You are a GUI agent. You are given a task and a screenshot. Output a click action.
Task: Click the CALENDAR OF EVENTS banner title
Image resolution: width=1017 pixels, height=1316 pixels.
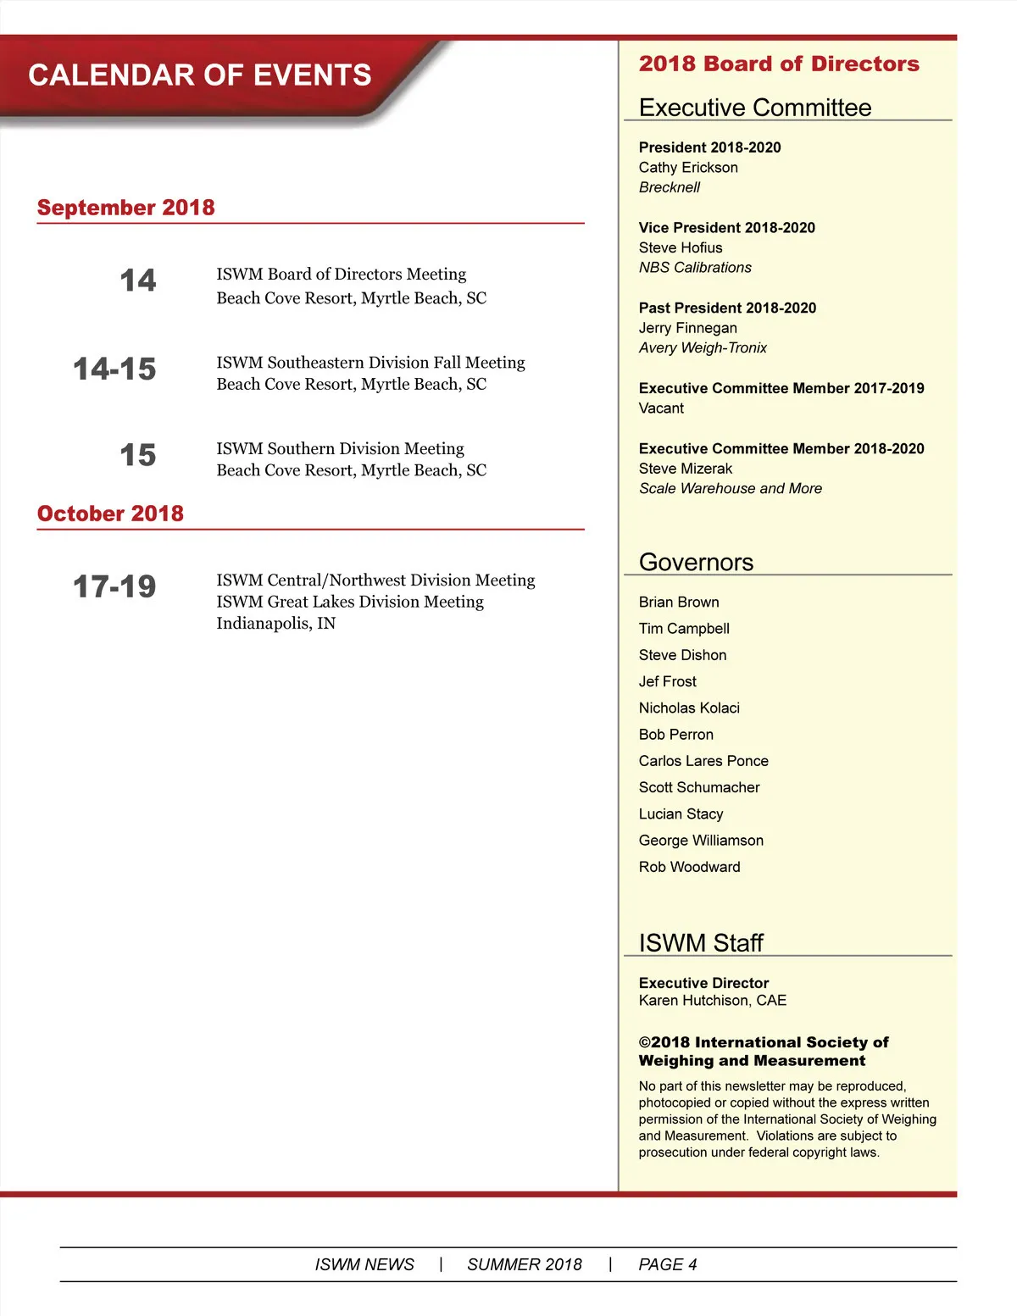[200, 75]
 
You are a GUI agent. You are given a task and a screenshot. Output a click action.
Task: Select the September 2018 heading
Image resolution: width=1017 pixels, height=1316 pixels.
[125, 208]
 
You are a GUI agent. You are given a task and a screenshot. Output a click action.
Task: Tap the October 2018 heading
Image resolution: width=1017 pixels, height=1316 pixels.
[110, 514]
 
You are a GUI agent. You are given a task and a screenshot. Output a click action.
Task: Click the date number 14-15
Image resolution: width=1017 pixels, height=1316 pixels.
[114, 369]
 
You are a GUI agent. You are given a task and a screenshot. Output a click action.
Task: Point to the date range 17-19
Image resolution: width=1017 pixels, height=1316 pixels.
[114, 586]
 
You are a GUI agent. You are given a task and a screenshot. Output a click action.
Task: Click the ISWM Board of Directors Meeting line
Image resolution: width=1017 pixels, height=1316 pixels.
[341, 274]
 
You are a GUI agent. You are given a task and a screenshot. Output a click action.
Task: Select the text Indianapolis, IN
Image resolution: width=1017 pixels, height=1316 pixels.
[275, 624]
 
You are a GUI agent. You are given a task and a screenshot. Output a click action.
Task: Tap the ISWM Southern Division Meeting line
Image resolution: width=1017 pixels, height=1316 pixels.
[340, 448]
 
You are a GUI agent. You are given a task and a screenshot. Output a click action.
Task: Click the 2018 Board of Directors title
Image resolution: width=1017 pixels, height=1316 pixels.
[778, 64]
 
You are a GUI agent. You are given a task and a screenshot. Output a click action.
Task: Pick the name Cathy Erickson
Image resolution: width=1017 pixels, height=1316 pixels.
[688, 168]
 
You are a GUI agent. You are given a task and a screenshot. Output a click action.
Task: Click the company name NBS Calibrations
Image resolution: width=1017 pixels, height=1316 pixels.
[695, 268]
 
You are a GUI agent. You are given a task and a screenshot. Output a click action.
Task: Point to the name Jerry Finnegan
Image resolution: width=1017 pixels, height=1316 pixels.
[687, 328]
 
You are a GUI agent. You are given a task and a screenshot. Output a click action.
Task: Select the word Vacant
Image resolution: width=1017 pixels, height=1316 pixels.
[661, 408]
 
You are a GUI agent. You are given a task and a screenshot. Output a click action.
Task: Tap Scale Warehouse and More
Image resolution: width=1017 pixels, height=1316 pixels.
[730, 489]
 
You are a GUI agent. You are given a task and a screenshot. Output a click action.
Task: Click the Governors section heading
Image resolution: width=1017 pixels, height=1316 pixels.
[696, 562]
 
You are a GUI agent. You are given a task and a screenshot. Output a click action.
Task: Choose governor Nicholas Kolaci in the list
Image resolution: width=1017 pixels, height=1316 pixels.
[689, 708]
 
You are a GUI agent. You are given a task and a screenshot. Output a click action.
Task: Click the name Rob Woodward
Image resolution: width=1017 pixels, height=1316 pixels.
[689, 867]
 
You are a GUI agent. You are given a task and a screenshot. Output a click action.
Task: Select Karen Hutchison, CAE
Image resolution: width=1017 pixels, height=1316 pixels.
[712, 1001]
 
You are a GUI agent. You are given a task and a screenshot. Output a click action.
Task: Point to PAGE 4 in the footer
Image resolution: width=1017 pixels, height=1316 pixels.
[667, 1264]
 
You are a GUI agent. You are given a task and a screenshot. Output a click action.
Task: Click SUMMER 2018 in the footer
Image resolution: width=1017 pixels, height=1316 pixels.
[524, 1264]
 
